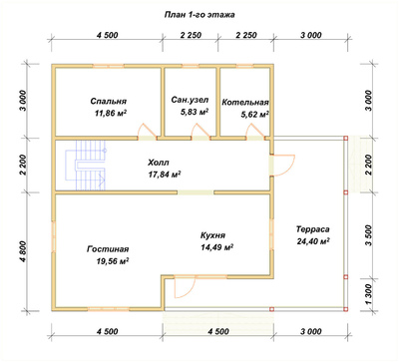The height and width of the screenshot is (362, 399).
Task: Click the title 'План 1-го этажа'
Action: [199, 15]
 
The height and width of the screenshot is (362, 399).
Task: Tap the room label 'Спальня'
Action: [109, 101]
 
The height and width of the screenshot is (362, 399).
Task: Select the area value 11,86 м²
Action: [111, 114]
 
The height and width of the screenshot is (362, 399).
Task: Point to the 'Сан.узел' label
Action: [191, 100]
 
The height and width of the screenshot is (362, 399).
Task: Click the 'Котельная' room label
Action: [245, 102]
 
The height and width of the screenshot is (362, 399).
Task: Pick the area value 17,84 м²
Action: [165, 175]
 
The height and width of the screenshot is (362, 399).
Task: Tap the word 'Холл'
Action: [159, 163]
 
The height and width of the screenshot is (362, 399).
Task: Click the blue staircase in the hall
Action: [87, 166]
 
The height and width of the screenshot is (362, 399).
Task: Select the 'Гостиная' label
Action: [108, 249]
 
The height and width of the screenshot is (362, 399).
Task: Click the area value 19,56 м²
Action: [113, 261]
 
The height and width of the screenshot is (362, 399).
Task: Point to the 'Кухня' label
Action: [212, 235]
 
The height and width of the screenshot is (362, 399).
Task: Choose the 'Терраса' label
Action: [313, 229]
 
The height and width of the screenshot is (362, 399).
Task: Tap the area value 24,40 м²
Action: [313, 241]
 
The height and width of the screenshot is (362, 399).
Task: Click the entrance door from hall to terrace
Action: [282, 166]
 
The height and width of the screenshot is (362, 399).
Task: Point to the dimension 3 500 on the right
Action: [369, 235]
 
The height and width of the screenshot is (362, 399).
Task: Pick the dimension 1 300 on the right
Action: [369, 294]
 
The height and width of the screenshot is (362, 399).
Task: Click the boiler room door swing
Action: [255, 131]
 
